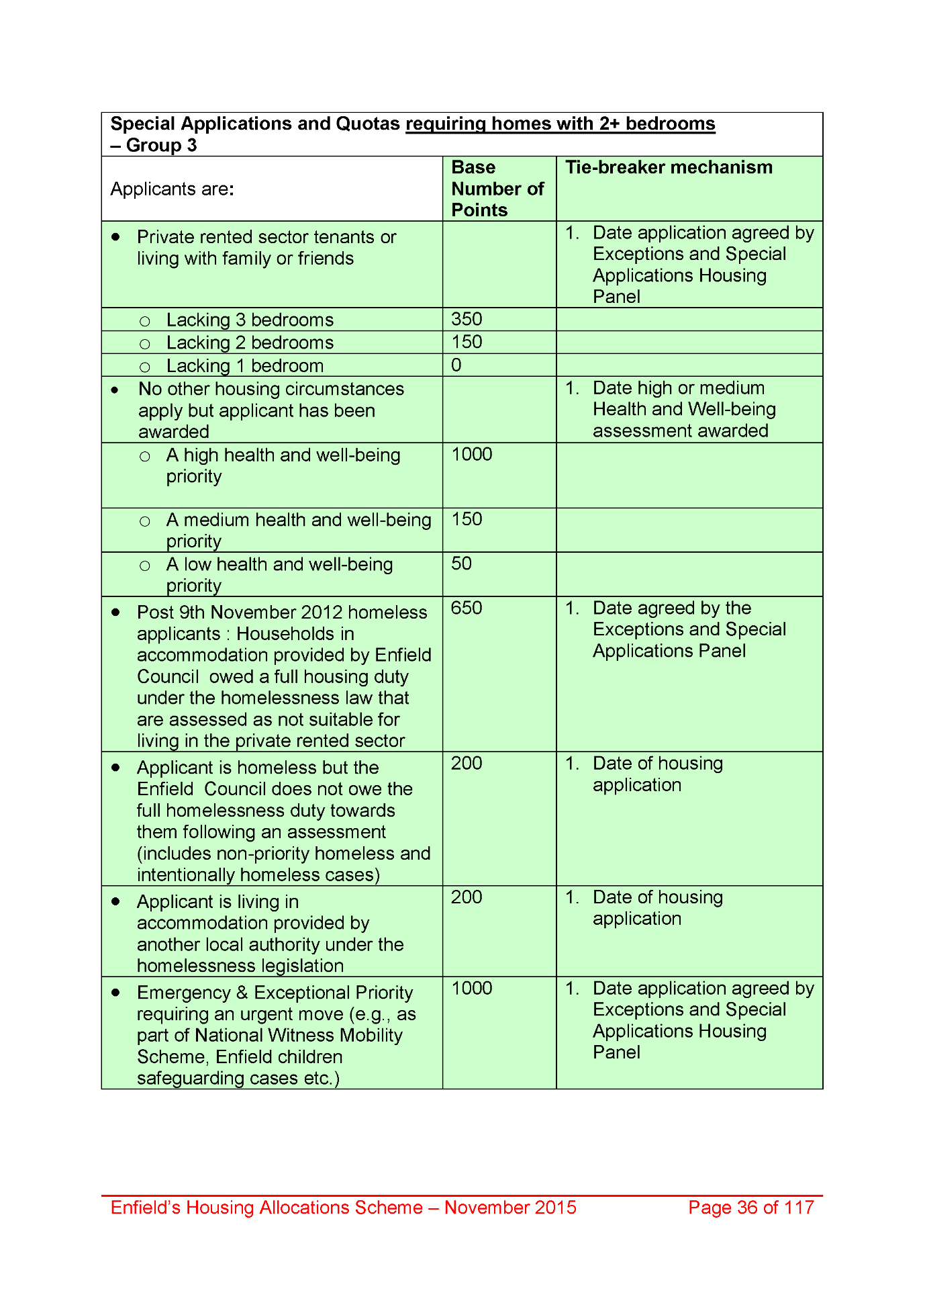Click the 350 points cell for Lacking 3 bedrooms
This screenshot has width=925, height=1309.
coord(467,319)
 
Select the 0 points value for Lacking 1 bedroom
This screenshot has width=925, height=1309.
coord(456,365)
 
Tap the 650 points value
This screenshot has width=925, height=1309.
coord(467,608)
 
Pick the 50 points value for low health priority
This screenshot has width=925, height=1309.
coord(461,563)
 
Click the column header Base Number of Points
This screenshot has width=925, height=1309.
coord(497,189)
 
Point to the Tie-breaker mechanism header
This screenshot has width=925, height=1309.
coord(669,167)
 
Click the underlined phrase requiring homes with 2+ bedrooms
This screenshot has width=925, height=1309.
coord(561,124)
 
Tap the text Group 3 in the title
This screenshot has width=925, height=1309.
coord(161,146)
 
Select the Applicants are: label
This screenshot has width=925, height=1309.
coord(172,189)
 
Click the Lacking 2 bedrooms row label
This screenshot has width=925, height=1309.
coord(250,343)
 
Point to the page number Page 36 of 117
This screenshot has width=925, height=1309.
coord(750,1208)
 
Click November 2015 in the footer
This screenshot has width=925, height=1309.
coord(510,1208)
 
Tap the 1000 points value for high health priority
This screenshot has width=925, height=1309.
coord(472,455)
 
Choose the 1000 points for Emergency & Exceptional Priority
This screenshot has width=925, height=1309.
coord(472,989)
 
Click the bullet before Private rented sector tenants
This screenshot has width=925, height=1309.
coord(116,237)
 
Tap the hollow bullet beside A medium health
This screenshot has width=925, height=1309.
coord(145,521)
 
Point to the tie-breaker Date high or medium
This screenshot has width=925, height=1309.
coord(679,388)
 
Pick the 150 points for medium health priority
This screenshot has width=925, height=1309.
coord(467,519)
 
